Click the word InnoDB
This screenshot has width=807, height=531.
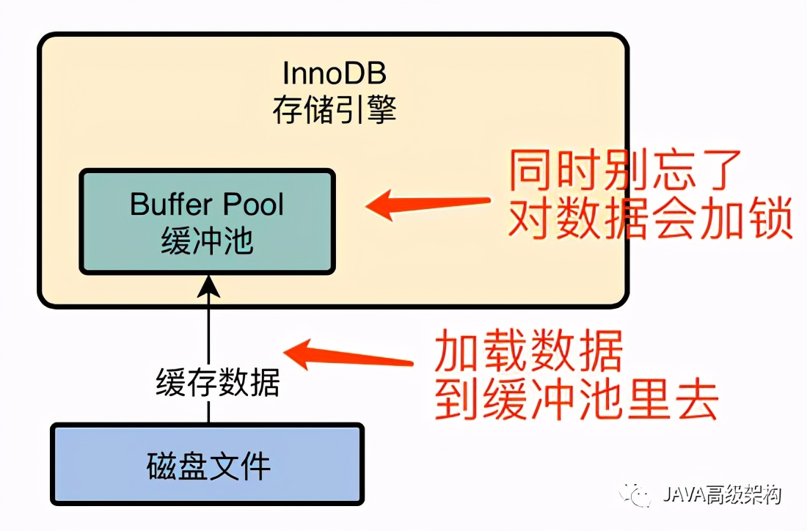334,74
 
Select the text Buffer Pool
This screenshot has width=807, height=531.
207,204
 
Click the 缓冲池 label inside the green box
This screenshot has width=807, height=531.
207,241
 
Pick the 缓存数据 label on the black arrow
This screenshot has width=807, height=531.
217,382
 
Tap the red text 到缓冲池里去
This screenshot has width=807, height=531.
576,399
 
